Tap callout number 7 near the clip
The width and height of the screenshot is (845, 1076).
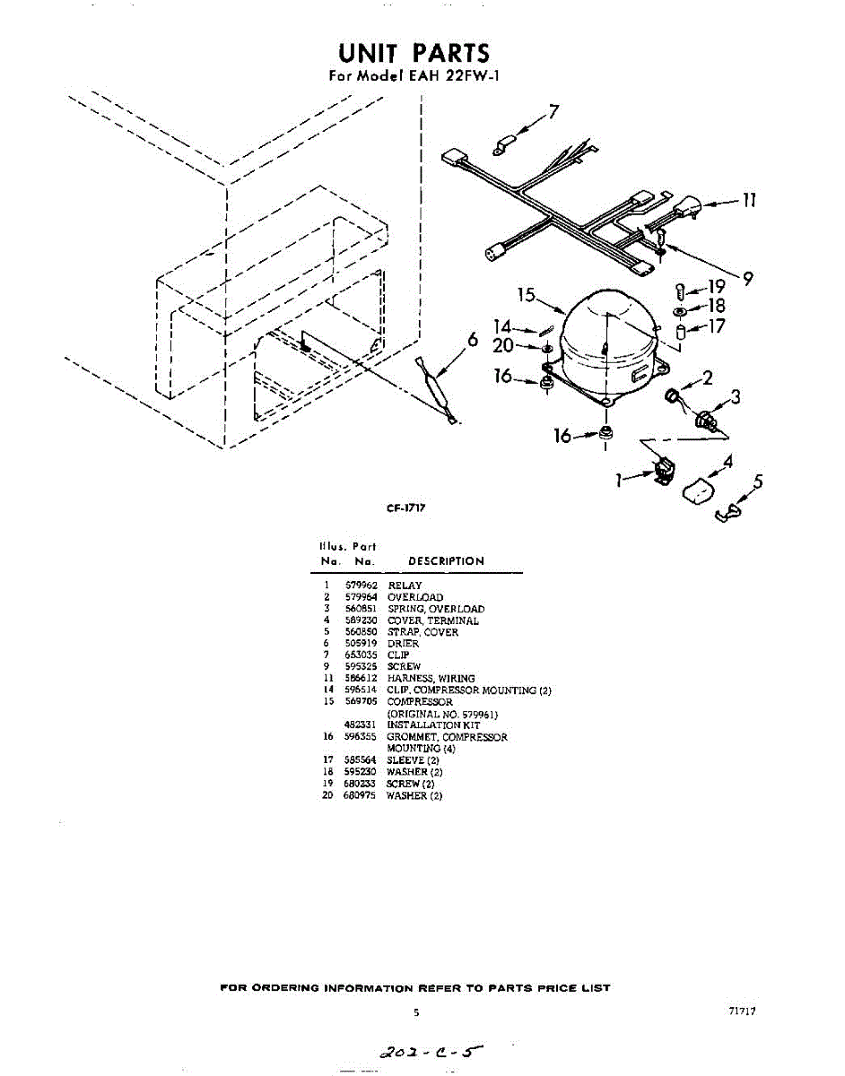(553, 113)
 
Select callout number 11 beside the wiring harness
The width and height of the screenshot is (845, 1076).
(748, 201)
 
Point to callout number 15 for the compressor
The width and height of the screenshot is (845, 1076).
(527, 296)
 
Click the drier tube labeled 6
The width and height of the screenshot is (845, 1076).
(437, 390)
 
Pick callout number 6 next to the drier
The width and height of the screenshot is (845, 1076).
(472, 339)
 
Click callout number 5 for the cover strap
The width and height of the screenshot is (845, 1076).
(758, 483)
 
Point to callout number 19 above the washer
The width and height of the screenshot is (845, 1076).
(716, 287)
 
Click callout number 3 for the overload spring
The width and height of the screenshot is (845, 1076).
(735, 397)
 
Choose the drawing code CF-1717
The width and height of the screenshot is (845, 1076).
(405, 508)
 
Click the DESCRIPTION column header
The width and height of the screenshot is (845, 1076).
(446, 561)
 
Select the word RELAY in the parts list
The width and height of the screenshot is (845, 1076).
(405, 586)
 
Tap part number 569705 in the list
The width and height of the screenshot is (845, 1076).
(358, 702)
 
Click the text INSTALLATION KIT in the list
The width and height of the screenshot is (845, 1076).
(433, 725)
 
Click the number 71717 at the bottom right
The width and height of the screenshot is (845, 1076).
(743, 1011)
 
